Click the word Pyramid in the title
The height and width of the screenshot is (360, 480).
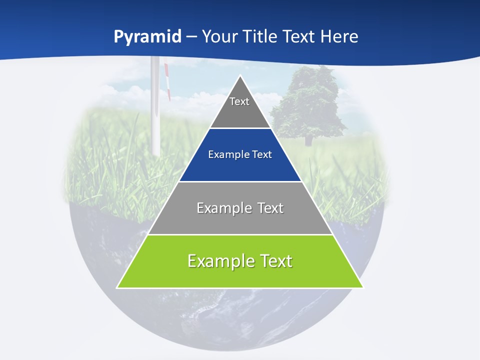click(x=147, y=37)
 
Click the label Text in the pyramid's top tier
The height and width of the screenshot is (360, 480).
click(x=239, y=101)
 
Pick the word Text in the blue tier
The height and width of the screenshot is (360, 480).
click(x=262, y=155)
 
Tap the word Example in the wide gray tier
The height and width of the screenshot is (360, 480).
click(x=218, y=208)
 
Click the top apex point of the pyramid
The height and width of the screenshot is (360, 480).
click(x=240, y=76)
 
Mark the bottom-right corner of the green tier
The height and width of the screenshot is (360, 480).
click(x=363, y=287)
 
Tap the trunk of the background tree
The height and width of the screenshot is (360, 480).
click(x=308, y=140)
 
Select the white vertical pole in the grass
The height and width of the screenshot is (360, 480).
click(x=155, y=120)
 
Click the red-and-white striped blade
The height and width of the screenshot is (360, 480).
click(x=166, y=82)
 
